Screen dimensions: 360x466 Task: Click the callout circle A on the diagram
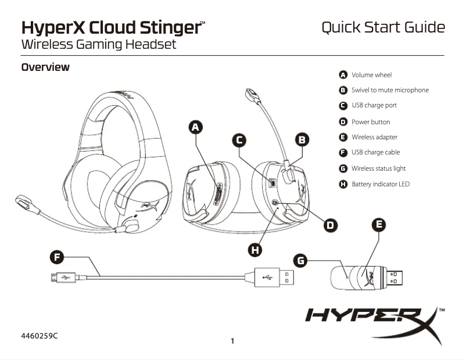click(x=196, y=127)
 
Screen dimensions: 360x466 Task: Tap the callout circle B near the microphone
click(x=302, y=139)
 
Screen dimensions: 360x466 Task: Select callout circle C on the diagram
click(x=239, y=139)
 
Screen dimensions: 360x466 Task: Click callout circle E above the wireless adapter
click(x=378, y=225)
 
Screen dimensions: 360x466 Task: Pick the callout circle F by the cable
click(x=56, y=256)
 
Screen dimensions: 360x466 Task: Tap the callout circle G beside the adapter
click(x=300, y=260)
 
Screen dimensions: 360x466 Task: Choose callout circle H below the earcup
click(x=254, y=250)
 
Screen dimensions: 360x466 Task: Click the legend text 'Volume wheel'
click(x=371, y=75)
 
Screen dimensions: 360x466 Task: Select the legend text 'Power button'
click(x=371, y=122)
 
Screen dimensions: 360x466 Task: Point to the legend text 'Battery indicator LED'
click(x=381, y=184)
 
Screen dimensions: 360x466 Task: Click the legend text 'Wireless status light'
click(x=378, y=168)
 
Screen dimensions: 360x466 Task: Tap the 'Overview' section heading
click(x=45, y=67)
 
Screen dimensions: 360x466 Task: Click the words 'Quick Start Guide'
click(x=383, y=27)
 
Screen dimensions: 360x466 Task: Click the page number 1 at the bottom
click(x=232, y=341)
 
